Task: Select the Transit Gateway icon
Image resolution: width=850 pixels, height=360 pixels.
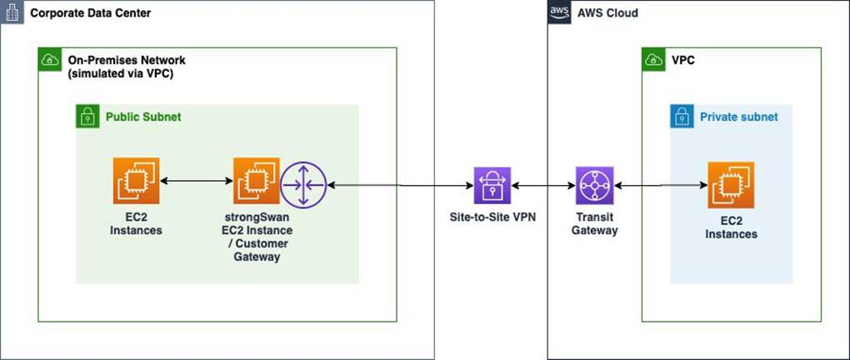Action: pos(594,184)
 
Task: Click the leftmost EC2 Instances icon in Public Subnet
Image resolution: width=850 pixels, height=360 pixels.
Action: pos(136,181)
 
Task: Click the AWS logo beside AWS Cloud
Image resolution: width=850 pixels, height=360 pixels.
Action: pos(560,13)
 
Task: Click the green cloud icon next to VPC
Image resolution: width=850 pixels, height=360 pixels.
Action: pos(653,60)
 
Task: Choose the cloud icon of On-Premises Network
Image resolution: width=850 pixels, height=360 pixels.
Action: pos(50,60)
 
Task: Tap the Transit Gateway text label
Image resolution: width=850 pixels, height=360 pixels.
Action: pos(594,223)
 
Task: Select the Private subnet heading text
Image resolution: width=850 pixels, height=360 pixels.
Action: pos(738,117)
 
